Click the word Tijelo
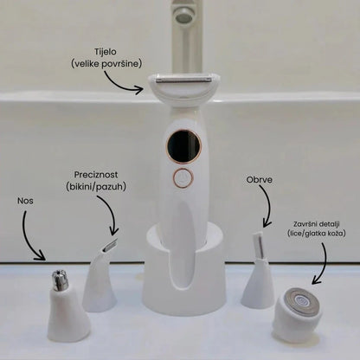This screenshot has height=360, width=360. click(106, 52)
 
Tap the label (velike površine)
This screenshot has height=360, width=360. click(106, 64)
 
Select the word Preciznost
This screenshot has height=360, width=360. click(96, 175)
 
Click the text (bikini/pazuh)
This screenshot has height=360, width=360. click(96, 187)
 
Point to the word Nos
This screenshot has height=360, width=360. click(25, 201)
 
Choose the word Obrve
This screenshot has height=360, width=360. click(260, 180)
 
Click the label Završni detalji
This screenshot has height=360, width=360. click(317, 224)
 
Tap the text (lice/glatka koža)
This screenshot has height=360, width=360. click(317, 234)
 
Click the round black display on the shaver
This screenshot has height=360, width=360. click(183, 146)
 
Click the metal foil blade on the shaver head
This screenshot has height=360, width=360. click(183, 80)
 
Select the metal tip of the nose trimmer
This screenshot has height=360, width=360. click(60, 280)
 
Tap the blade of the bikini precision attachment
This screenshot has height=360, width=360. click(110, 245)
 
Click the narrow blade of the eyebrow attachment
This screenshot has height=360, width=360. click(258, 245)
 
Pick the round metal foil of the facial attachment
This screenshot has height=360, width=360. click(301, 302)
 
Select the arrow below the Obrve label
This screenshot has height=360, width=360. click(267, 206)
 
